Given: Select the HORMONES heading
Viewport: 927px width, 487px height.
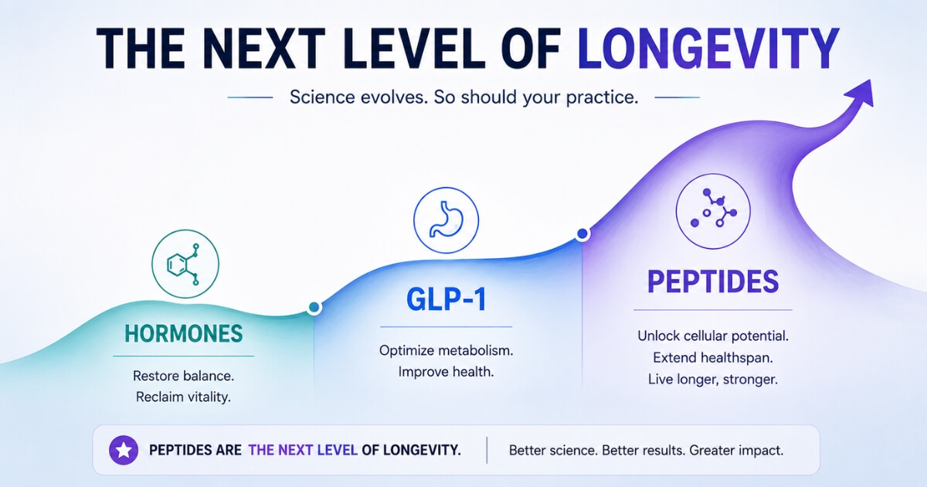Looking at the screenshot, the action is click(184, 334).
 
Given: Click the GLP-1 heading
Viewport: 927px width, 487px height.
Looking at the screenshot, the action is click(447, 299).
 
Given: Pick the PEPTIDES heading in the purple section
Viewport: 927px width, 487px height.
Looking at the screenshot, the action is click(713, 281).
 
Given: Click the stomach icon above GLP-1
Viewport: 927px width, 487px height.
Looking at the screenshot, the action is click(447, 220).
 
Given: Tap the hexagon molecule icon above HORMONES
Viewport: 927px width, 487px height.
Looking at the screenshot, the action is click(185, 264).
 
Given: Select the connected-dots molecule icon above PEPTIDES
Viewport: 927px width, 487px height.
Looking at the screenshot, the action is click(713, 211).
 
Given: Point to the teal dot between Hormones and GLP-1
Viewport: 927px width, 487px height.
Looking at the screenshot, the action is click(314, 308).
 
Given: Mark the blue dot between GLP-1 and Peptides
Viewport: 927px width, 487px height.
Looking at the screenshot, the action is click(582, 234).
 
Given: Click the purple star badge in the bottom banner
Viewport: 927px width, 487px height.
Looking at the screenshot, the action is click(124, 450).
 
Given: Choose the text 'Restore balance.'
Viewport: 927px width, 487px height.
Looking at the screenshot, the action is click(183, 376).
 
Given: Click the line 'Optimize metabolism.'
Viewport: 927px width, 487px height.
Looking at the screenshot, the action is click(447, 351).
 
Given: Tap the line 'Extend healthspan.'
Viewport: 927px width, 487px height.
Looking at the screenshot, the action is click(713, 358).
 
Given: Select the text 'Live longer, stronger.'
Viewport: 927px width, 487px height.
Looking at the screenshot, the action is click(713, 380).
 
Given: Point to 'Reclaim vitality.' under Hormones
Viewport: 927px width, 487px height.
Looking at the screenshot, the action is click(183, 397).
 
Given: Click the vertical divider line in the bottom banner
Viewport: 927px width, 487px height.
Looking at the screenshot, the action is click(487, 450).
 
